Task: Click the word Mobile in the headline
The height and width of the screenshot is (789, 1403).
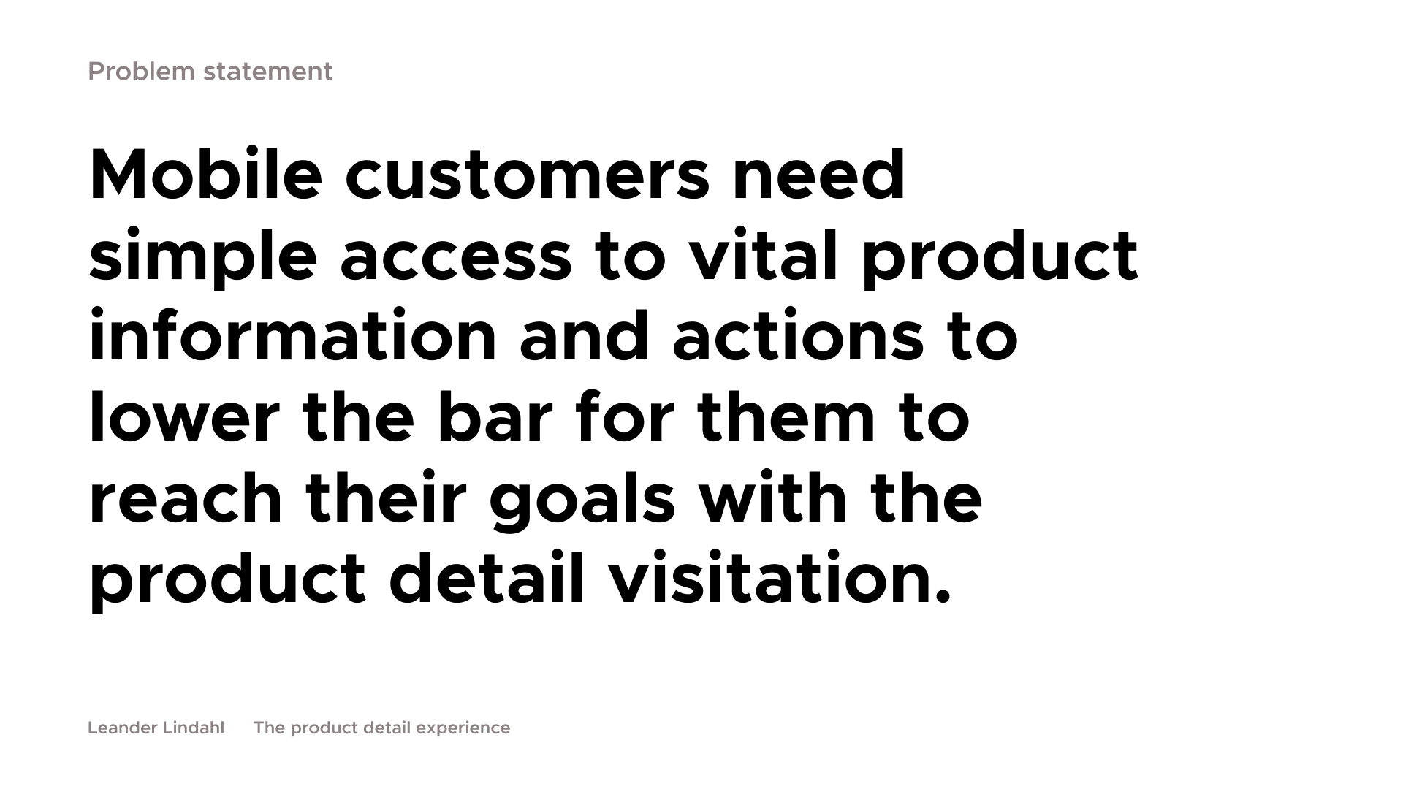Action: point(205,175)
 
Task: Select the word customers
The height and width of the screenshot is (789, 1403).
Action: point(527,176)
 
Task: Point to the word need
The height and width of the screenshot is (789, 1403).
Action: point(819,175)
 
